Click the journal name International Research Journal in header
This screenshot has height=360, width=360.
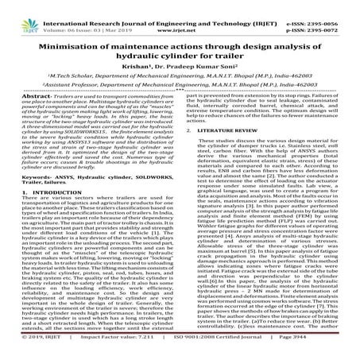coord(119,6)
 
